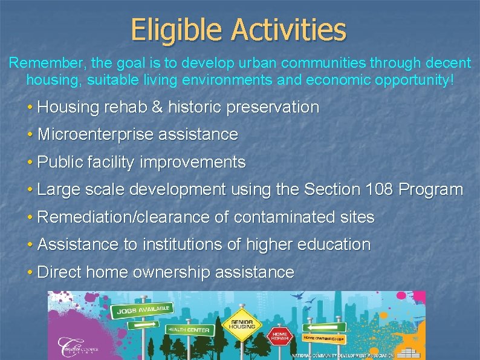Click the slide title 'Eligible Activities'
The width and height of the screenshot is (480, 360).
pyautogui.click(x=238, y=29)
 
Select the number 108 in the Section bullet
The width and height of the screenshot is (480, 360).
pyautogui.click(x=379, y=189)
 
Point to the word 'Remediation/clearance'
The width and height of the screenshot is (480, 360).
pyautogui.click(x=133, y=217)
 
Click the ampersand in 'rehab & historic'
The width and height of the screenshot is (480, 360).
pyautogui.click(x=157, y=108)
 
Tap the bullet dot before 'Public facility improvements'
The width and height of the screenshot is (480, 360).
pyautogui.click(x=30, y=163)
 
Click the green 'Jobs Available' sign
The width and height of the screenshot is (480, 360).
pyautogui.click(x=143, y=310)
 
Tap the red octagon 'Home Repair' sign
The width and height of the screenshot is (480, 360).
pyautogui.click(x=280, y=335)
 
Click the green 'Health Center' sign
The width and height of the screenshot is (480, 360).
pyautogui.click(x=189, y=330)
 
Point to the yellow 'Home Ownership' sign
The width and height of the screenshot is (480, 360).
pyautogui.click(x=324, y=338)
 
